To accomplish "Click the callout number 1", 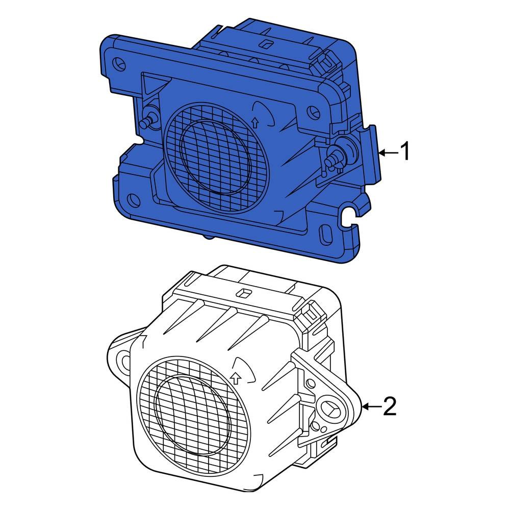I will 404,152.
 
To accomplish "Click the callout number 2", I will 389,406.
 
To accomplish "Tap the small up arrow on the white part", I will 235,378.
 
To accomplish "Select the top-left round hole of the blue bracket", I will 121,64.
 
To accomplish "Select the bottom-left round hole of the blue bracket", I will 134,198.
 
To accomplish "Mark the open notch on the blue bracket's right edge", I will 349,214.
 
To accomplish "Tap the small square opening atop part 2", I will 244,293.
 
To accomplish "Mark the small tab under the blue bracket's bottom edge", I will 208,236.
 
